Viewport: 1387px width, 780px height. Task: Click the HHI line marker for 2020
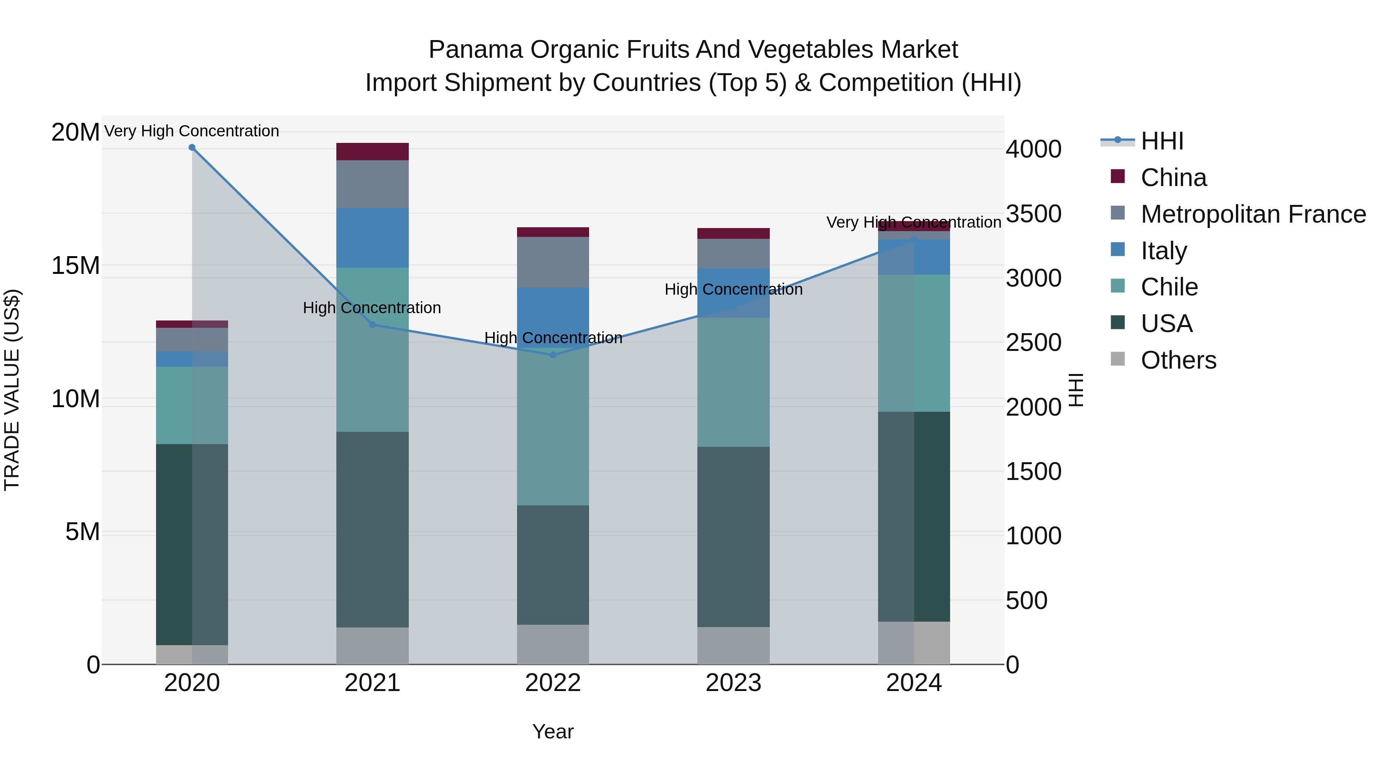point(192,148)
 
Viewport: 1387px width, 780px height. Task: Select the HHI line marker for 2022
point(553,355)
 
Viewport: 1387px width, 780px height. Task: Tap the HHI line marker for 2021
point(372,325)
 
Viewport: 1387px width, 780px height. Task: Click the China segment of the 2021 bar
point(372,152)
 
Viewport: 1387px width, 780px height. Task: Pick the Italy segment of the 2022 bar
point(553,315)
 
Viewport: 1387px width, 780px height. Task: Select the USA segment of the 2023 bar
point(733,537)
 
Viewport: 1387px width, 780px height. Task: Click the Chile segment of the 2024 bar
point(914,344)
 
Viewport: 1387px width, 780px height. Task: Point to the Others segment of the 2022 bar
point(553,644)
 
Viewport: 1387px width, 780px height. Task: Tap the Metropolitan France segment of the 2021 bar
point(372,184)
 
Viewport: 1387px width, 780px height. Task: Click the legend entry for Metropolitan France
point(1253,214)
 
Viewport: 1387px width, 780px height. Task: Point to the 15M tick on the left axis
point(76,265)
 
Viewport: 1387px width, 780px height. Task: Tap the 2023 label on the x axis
point(733,683)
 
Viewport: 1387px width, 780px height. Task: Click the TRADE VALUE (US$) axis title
point(12,390)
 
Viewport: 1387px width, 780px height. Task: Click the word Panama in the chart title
point(475,50)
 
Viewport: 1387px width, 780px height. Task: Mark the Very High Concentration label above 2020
point(192,131)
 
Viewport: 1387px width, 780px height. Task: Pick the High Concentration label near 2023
point(733,290)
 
